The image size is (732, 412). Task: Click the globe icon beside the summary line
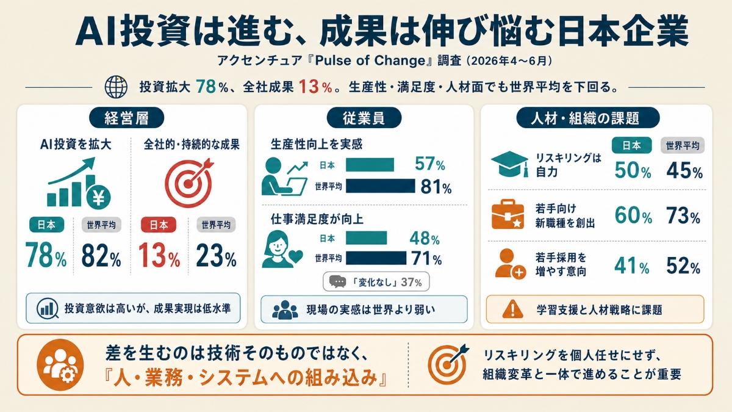point(116,87)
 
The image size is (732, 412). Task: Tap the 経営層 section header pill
point(126,118)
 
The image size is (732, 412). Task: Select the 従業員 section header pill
point(364,118)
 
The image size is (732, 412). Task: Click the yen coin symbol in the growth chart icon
point(98,197)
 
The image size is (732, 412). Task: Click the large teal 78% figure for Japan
point(46,255)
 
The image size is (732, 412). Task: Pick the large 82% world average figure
point(101,255)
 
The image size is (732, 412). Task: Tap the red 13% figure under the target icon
point(159,255)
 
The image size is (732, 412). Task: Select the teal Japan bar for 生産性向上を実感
point(370,165)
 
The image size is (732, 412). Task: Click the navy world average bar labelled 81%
point(381,186)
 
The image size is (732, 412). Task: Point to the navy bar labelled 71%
point(376,258)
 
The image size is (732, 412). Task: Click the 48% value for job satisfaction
point(424,239)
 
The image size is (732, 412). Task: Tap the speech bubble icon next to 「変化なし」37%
point(337,281)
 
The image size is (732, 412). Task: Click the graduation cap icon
point(510,164)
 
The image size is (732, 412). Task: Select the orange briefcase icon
point(508,214)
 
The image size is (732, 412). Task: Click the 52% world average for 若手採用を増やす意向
point(684,266)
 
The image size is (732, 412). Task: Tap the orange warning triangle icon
point(513,309)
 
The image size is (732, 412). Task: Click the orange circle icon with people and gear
point(60,364)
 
